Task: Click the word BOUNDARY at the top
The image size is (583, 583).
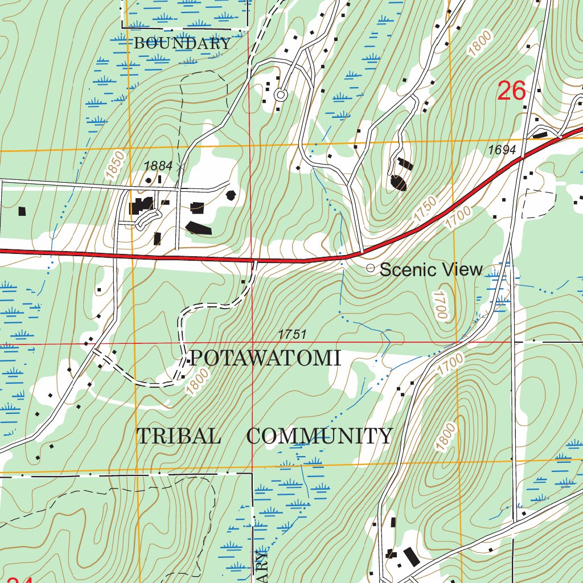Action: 182,43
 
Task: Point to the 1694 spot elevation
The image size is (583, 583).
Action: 502,150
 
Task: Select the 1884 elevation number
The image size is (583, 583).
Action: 158,166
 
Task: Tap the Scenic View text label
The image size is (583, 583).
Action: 431,269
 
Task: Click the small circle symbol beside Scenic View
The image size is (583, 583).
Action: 370,268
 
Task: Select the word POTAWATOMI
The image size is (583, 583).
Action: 265,359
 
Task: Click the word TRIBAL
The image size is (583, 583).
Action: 178,436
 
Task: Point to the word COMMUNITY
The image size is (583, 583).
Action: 319,436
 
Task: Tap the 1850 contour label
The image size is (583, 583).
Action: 114,163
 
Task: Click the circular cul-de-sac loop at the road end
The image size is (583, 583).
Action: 280,95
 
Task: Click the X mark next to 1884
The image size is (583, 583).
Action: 181,167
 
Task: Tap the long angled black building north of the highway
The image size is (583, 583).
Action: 198,228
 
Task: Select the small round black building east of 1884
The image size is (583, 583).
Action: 231,195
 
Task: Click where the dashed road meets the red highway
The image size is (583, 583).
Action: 256,262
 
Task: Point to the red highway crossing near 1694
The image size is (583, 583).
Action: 520,160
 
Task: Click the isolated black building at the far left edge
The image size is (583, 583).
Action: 22,211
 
